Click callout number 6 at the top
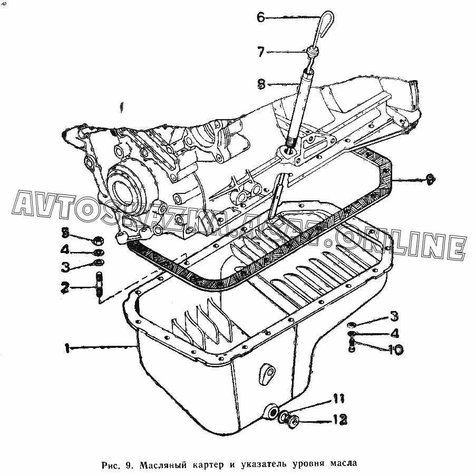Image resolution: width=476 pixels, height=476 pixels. coord(261,17)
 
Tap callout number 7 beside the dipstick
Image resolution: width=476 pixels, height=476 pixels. coord(261,52)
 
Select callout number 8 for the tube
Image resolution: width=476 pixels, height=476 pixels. coord(261,83)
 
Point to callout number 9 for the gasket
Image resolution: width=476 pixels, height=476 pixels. coord(431,180)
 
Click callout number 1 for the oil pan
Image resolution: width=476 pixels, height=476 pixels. coord(67,347)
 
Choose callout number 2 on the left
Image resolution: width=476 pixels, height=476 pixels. coord(65,287)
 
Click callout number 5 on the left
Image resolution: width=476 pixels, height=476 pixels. coord(65,231)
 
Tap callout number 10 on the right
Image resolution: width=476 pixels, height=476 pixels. coord(395,349)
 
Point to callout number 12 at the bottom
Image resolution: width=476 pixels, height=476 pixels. coord(339,420)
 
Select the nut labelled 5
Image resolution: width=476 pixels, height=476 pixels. coord(98,241)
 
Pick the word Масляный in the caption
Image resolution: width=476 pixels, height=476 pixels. coord(163,464)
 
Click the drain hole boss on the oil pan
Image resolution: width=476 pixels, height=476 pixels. coord(272,412)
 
